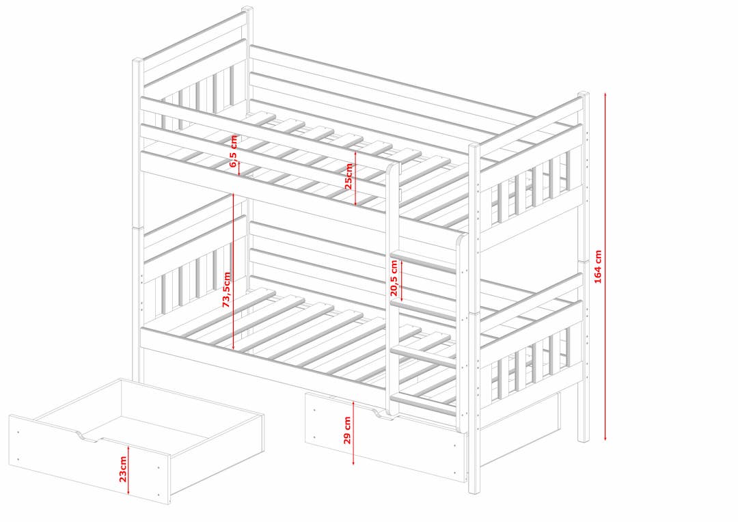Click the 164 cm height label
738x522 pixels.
[598, 266]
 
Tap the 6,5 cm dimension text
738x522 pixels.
[234, 151]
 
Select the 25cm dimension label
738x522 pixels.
[348, 176]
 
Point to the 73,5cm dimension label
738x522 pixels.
[227, 290]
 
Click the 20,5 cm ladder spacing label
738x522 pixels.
[394, 277]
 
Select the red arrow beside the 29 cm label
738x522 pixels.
[353, 430]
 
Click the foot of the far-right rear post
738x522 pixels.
[584, 438]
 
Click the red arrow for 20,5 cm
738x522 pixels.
[401, 280]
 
